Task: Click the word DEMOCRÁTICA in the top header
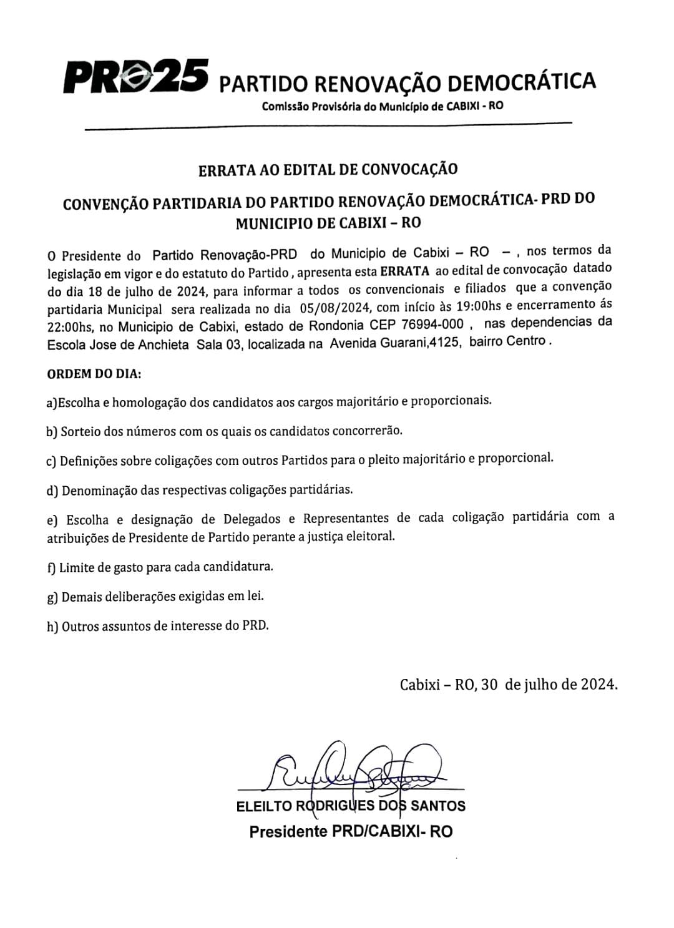pos(522,81)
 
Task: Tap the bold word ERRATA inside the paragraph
pos(404,271)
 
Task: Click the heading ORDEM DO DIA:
pos(94,374)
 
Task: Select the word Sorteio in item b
pos(81,431)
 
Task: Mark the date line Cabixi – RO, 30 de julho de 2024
pos(509,684)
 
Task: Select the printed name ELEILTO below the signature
pos(264,806)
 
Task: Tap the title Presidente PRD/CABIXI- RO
pos(351,832)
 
